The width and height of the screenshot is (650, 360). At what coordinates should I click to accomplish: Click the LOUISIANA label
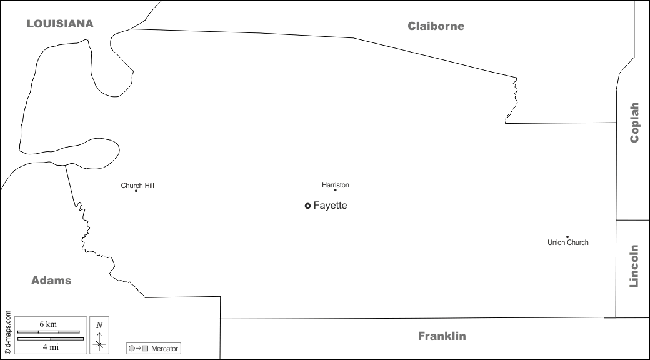point(60,24)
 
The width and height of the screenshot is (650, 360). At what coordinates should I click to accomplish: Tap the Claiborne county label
point(436,26)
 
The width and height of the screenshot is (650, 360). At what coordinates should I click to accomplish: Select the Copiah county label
point(634,122)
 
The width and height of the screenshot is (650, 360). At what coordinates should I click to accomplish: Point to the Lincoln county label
point(634,266)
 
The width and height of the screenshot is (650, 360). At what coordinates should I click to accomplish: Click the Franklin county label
point(442,336)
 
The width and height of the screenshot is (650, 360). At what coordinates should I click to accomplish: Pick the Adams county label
point(51,281)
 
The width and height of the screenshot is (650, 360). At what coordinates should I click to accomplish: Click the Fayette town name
point(330,206)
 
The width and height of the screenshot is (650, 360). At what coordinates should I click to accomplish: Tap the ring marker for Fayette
point(307,206)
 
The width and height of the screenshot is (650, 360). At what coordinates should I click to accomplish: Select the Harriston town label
point(336,185)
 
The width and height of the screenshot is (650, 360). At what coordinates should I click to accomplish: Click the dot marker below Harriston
point(335,191)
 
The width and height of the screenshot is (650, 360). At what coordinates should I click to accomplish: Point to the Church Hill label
point(137,186)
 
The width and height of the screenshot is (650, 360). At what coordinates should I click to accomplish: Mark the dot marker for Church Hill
point(136,191)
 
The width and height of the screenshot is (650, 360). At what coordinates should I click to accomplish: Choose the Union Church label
point(568,242)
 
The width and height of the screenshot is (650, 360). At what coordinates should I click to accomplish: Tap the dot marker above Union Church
point(567,237)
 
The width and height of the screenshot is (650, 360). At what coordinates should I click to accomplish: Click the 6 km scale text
point(48,324)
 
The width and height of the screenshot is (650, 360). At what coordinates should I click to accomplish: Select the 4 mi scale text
point(48,347)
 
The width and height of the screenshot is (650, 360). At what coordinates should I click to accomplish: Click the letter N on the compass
point(99,325)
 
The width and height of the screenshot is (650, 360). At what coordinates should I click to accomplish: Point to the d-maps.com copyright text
point(7,332)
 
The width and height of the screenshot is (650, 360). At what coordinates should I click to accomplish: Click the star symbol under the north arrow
point(99,344)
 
